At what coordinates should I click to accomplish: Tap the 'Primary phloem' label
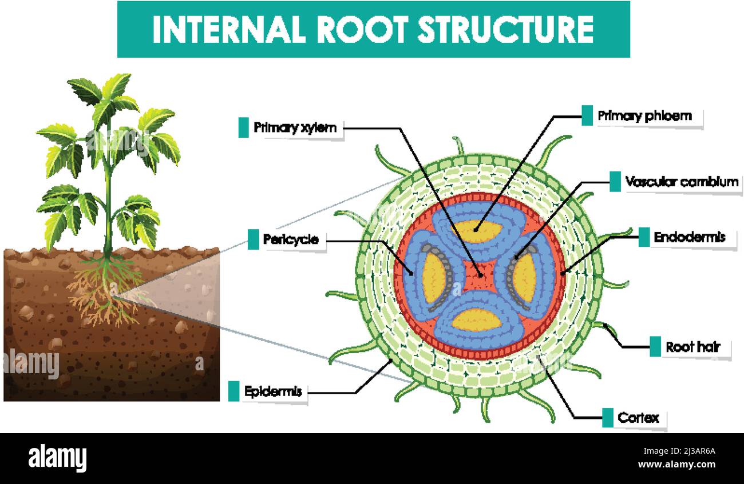coord(644,116)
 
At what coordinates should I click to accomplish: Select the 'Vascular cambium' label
coord(681,182)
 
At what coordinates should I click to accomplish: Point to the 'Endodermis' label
coord(689,237)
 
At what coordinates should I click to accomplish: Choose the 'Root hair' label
coord(692,347)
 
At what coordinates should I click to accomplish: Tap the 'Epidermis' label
coord(272,392)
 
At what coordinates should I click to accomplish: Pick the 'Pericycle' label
coord(290,239)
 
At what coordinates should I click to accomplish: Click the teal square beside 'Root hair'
coord(655,346)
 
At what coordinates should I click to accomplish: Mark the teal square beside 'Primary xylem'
coord(243,127)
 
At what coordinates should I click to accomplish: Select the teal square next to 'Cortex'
coord(607,418)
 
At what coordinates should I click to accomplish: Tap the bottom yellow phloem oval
coord(477,320)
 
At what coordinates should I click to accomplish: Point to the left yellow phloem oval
coord(433,277)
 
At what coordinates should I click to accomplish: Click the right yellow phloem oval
coord(524,278)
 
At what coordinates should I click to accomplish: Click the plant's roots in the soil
coord(106,291)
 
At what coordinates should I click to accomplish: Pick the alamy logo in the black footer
coord(57,458)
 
